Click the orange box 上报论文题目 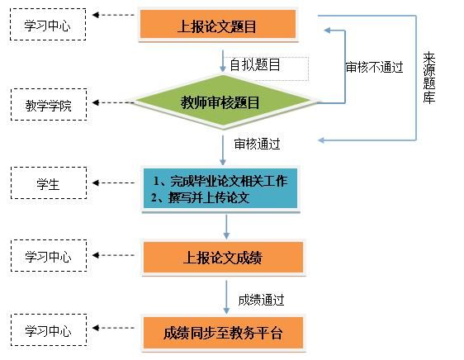tap(218, 24)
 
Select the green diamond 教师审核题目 tap(223, 102)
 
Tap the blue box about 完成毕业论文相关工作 tap(220, 188)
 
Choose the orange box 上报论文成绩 tap(223, 257)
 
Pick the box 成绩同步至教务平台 tap(223, 333)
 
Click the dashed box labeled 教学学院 tap(49, 105)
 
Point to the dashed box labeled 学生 tap(49, 183)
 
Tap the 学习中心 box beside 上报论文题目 tap(48, 24)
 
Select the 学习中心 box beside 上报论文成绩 tap(49, 255)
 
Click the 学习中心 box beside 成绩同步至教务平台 tap(49, 329)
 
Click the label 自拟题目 tap(255, 64)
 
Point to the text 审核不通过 tap(374, 67)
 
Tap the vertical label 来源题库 tap(428, 78)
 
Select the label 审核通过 tap(257, 144)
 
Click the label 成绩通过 tap(261, 300)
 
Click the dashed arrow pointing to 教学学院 tap(113, 102)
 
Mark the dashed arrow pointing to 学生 tap(113, 183)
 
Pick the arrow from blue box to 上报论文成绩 tap(226, 227)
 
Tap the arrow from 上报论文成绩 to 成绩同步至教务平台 tap(226, 297)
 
